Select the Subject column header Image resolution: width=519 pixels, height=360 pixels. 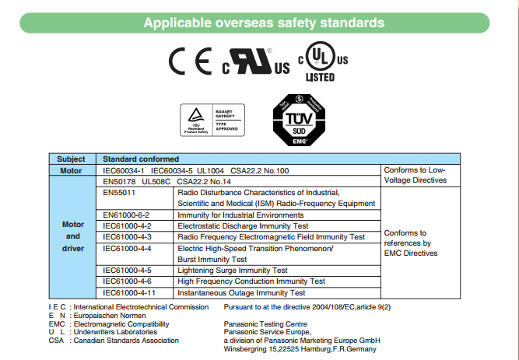point(71,159)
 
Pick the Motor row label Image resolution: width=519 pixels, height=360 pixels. point(71,170)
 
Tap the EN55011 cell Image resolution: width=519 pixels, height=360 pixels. point(118,191)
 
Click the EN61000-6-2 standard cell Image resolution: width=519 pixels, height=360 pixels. point(126,214)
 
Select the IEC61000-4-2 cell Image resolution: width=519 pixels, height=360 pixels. point(127,225)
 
